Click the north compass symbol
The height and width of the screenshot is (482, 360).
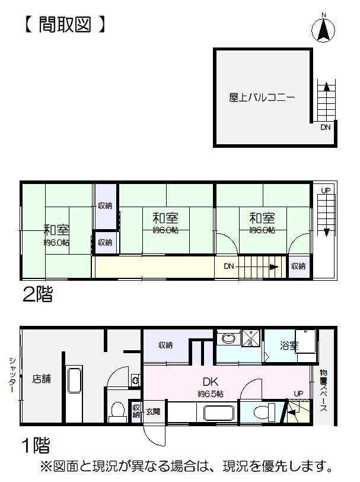(323, 29)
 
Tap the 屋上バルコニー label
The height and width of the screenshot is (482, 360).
(262, 97)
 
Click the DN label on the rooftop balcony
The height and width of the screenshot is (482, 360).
(325, 127)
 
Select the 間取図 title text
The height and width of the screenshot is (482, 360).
(65, 24)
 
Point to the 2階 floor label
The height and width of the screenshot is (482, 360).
(37, 294)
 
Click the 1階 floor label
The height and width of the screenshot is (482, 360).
(36, 445)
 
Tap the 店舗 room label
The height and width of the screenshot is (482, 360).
(42, 379)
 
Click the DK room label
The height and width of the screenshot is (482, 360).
(211, 382)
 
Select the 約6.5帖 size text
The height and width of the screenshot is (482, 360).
(211, 394)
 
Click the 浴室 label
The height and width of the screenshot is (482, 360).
(289, 345)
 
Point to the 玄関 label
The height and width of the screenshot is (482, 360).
(152, 411)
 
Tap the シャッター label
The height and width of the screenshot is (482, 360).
(12, 375)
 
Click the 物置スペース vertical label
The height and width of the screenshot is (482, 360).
(323, 391)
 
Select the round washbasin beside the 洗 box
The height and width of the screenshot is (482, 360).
(228, 339)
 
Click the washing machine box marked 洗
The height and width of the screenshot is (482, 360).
(251, 338)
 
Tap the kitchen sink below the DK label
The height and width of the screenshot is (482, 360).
(219, 413)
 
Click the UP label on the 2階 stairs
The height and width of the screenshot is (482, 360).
(326, 191)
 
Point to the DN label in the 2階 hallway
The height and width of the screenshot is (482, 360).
(229, 266)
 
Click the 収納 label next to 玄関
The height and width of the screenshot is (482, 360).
(136, 411)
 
